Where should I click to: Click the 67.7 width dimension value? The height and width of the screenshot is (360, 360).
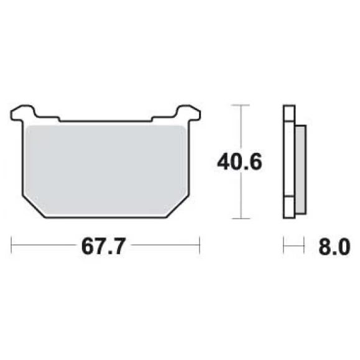tap(104, 246)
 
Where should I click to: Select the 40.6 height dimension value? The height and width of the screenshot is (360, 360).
tap(239, 162)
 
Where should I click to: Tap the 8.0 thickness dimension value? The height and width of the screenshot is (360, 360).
tap(335, 247)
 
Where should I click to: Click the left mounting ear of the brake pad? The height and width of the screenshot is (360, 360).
tap(23, 113)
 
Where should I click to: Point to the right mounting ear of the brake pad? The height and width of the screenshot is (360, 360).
tap(188, 113)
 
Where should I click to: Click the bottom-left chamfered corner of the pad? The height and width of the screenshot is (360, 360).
tap(34, 207)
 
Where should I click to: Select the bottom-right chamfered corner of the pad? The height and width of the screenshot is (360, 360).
tap(178, 207)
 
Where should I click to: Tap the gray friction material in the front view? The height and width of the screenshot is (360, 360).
tap(106, 170)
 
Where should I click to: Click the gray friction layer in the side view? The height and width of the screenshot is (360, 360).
tap(300, 170)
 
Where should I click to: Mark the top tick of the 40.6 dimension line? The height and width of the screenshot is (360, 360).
tap(241, 105)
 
